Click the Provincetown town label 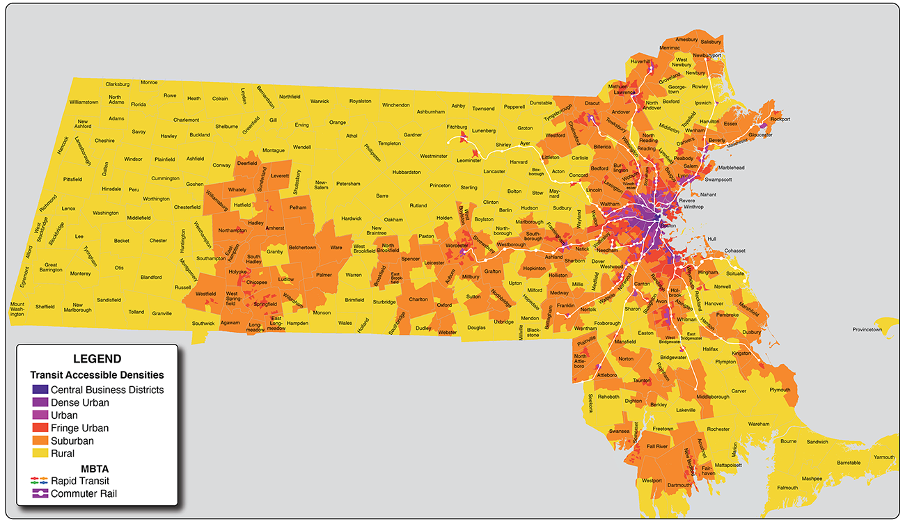click(x=867, y=329)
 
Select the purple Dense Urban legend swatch click(x=40, y=402)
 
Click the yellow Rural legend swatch click(x=40, y=454)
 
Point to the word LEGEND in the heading click(x=97, y=359)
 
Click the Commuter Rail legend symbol click(x=40, y=494)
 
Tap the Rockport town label click(x=780, y=119)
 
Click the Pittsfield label click(x=72, y=179)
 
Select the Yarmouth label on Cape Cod click(x=884, y=457)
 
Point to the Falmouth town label click(x=787, y=488)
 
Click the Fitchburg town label click(x=457, y=127)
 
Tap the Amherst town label click(x=275, y=228)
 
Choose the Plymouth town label click(x=780, y=390)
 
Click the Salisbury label click(x=711, y=42)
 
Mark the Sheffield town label click(x=45, y=306)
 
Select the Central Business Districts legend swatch click(x=40, y=390)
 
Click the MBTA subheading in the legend click(x=95, y=468)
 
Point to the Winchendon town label click(x=396, y=105)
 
